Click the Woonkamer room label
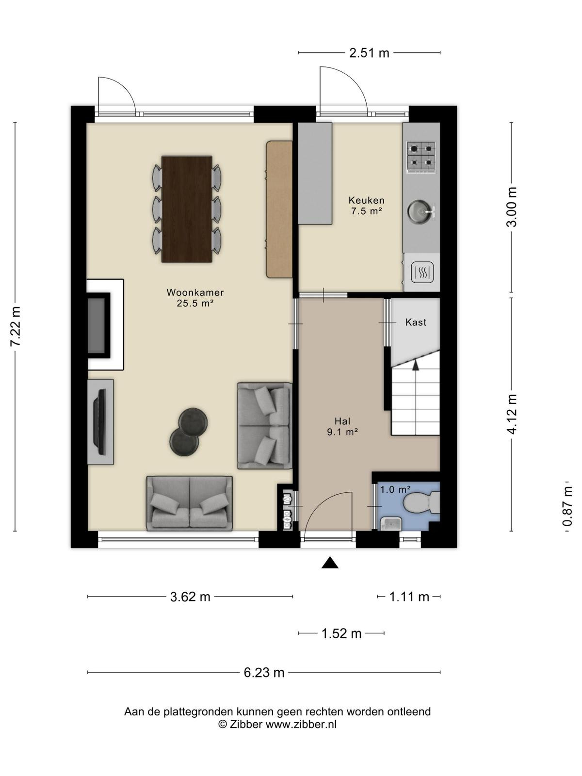(x=195, y=293)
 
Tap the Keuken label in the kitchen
(x=367, y=200)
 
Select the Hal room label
(x=342, y=421)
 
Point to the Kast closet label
(x=416, y=322)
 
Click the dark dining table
(x=187, y=209)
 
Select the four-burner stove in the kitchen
(x=420, y=158)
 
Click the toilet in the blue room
(x=421, y=502)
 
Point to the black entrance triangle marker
(x=330, y=563)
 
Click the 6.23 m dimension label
(x=264, y=672)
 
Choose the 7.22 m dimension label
(x=16, y=327)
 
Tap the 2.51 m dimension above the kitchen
(x=369, y=53)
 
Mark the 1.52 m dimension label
(x=341, y=633)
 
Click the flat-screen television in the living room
(x=99, y=422)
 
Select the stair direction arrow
(x=416, y=365)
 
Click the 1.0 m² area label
(x=395, y=490)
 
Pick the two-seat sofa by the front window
(x=190, y=503)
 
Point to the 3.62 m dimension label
(x=190, y=597)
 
